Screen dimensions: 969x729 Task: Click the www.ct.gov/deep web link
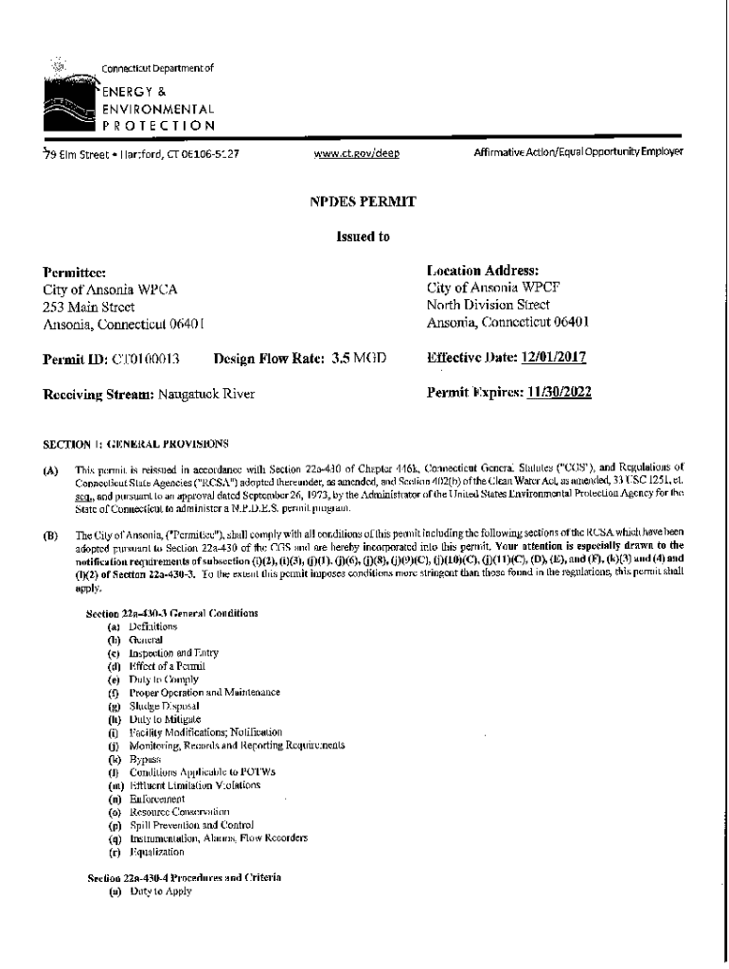(351, 151)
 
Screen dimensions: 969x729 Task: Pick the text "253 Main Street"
(89, 308)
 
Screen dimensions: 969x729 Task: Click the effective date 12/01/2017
(553, 358)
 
